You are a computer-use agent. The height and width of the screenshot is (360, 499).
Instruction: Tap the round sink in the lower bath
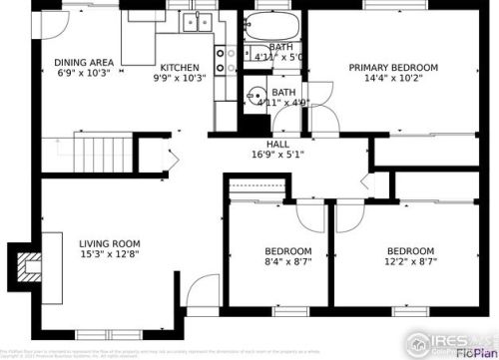coord(253,100)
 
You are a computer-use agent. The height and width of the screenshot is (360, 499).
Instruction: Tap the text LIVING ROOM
coord(109,243)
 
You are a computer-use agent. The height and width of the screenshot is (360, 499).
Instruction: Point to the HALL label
coord(263,143)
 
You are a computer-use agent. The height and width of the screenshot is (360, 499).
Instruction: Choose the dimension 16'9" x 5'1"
coord(263,155)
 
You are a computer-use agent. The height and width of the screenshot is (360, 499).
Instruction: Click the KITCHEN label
coord(180,66)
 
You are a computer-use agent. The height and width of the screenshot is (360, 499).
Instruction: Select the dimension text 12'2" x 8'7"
coord(410,263)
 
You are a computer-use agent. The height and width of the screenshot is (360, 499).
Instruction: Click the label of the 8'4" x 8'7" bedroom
coord(287,250)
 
